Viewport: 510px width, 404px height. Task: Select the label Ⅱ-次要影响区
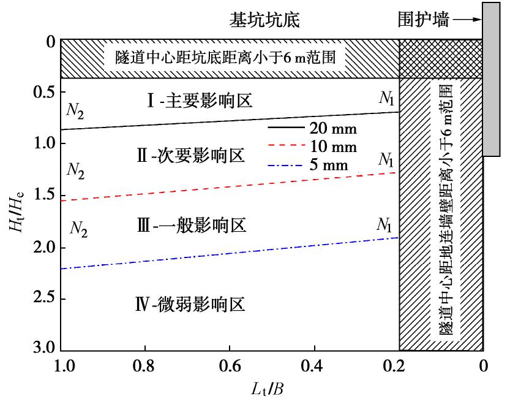point(190,155)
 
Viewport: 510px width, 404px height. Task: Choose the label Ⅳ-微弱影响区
point(190,303)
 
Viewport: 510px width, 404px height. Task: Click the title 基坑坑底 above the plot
point(264,20)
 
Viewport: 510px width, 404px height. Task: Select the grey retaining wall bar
point(491,80)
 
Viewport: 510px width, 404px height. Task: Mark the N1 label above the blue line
point(386,224)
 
